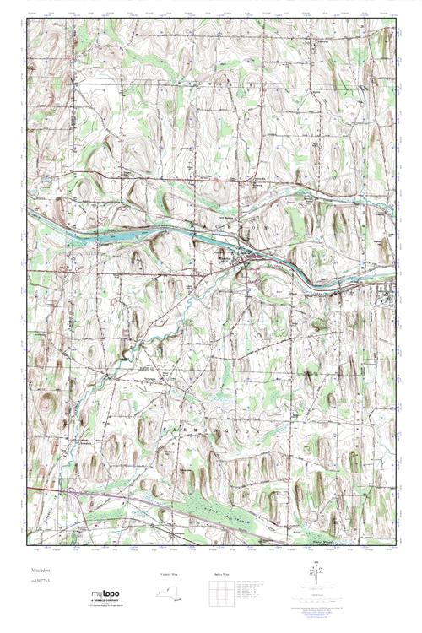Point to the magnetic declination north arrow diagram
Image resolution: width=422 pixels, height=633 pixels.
pos(317,575)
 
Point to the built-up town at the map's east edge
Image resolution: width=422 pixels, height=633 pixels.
pos(386,295)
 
